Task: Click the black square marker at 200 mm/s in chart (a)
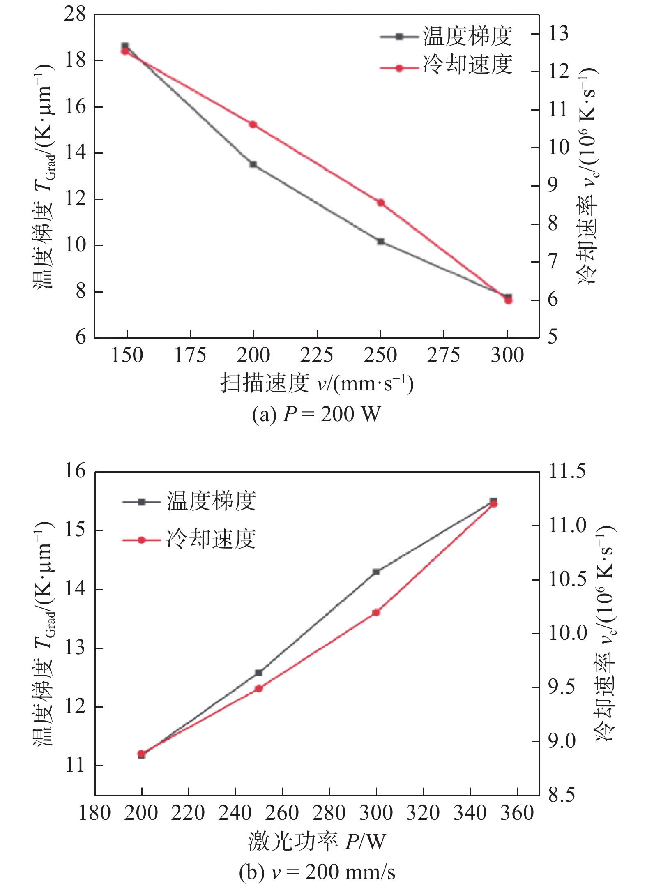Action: [x=253, y=164]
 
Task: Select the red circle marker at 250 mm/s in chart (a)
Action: [x=380, y=203]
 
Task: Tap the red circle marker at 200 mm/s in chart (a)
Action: [x=253, y=125]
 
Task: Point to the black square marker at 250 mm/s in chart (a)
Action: [x=380, y=241]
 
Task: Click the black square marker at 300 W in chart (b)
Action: [x=376, y=572]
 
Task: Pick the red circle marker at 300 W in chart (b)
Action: [x=376, y=613]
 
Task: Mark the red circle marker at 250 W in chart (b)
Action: [x=259, y=688]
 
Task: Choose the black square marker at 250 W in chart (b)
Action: [x=259, y=673]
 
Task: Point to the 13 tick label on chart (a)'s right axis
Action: [x=559, y=34]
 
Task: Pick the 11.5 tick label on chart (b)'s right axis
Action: [x=567, y=472]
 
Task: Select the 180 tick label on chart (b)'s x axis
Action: [x=95, y=813]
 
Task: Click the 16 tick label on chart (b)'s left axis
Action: [x=75, y=472]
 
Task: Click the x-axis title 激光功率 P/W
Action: [x=317, y=841]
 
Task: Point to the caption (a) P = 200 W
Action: [x=317, y=414]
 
